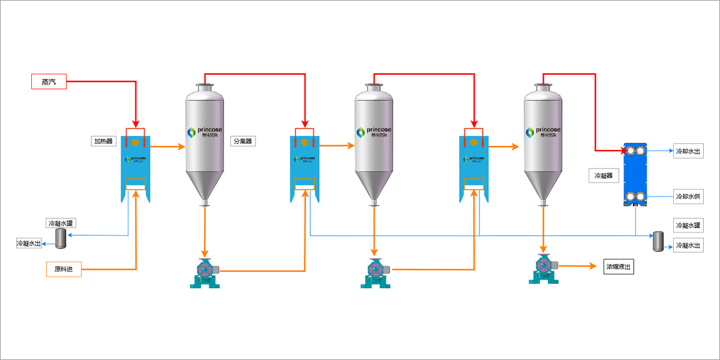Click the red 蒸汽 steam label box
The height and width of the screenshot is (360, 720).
tap(48, 82)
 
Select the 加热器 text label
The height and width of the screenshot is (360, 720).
tap(103, 142)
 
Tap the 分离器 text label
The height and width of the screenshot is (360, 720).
tap(243, 142)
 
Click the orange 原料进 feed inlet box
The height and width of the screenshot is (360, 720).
tap(63, 269)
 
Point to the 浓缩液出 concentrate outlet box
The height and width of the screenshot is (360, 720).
tap(619, 266)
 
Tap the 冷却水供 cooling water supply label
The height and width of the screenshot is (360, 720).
tap(688, 196)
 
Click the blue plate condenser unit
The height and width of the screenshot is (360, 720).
tap(635, 175)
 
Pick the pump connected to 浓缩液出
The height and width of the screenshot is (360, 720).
tap(544, 268)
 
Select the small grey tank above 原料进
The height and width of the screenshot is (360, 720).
tap(61, 238)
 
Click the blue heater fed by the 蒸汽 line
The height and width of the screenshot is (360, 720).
tap(136, 168)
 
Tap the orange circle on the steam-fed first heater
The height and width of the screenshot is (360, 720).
tap(136, 143)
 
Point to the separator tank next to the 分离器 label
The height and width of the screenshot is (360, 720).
tap(205, 144)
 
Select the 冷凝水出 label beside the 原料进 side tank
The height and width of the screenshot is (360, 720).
tap(28, 244)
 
